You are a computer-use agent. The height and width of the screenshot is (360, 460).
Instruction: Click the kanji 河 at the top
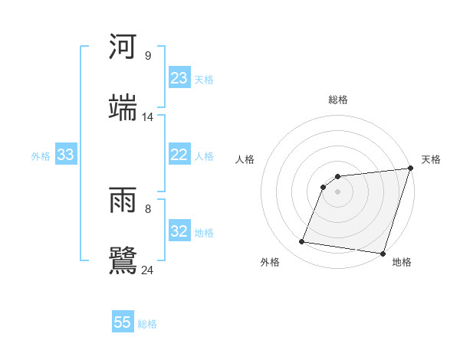[123, 47]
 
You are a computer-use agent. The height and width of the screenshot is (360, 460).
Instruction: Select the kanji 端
[123, 109]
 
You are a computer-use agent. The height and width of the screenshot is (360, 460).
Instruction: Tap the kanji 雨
[123, 200]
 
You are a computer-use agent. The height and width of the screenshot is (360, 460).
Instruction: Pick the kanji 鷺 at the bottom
[123, 260]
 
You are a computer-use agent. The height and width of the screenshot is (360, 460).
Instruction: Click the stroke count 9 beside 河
[147, 56]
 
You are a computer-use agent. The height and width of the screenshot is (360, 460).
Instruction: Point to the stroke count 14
[147, 117]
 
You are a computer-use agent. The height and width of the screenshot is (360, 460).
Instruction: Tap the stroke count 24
[147, 270]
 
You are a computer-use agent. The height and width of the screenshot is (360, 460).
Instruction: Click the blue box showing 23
[179, 78]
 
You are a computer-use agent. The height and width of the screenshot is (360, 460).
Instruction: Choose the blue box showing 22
[179, 155]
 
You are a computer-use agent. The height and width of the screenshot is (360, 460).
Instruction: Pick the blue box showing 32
[179, 231]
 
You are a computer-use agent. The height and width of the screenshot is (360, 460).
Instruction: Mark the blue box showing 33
[65, 155]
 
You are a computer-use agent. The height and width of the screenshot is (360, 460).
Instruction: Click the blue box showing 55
[123, 322]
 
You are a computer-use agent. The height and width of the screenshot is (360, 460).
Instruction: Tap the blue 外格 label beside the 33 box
[41, 156]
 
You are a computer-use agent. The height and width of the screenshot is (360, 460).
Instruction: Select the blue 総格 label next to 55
[147, 324]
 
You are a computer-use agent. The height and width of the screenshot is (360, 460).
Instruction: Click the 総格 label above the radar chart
[338, 100]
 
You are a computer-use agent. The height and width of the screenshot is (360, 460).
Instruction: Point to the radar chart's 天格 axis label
[431, 159]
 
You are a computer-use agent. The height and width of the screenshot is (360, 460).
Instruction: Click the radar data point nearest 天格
[410, 169]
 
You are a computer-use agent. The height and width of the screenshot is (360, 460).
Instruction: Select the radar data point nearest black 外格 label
[301, 242]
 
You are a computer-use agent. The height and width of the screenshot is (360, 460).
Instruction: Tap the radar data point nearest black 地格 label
[383, 253]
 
